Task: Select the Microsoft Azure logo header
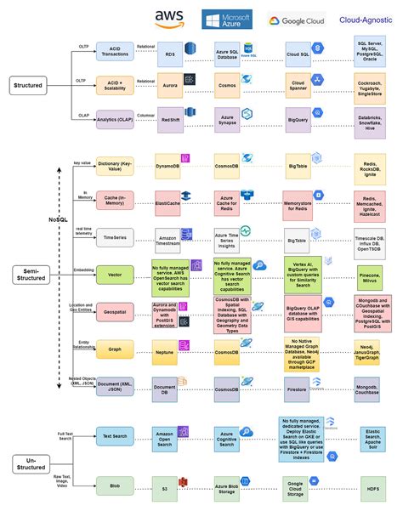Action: (225, 20)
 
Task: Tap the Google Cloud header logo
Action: (297, 20)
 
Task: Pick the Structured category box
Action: (31, 85)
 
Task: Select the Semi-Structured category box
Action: (31, 273)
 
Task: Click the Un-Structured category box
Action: (31, 463)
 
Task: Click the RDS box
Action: (170, 54)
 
